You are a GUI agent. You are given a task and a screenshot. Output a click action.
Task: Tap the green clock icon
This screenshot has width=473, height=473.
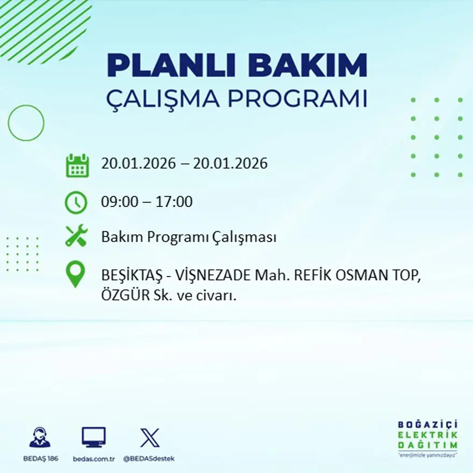pos(76,203)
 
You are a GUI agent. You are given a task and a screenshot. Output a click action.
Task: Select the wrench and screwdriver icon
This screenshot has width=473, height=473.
pos(76,236)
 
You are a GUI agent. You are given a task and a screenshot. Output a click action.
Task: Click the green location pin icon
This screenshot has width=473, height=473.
pos(75,274)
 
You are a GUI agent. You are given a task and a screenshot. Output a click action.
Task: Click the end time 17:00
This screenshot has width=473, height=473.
pos(174,202)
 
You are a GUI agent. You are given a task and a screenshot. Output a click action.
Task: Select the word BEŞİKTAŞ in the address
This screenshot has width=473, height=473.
pos(129,276)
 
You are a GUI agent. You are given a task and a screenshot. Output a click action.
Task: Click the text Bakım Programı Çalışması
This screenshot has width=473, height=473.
pos(189,237)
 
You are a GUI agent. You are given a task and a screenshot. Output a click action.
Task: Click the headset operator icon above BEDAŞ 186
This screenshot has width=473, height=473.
pos(40,437)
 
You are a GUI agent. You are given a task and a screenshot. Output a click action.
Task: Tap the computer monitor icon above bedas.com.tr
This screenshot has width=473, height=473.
pos(94,437)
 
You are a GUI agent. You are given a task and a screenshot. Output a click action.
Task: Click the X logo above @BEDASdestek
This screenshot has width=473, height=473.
pos(149,437)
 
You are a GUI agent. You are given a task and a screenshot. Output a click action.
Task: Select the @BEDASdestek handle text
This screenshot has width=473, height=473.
pos(149,458)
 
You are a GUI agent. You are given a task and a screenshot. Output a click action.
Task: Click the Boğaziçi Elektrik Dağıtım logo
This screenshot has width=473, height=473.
pos(427,438)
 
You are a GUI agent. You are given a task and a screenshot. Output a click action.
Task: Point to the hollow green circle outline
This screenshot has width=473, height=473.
pos(26,123)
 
